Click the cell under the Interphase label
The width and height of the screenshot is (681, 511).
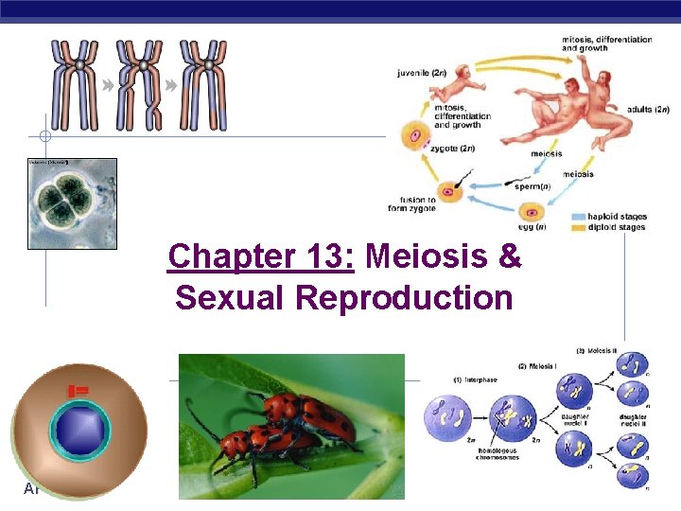pyautogui.click(x=450, y=416)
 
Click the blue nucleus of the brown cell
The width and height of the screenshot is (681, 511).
pyautogui.click(x=79, y=430)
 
